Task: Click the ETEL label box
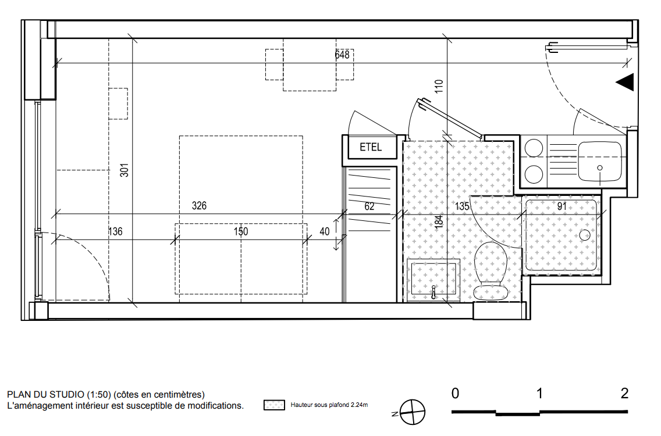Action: tap(370, 147)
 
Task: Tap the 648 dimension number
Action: tap(342, 54)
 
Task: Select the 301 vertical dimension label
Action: tap(124, 170)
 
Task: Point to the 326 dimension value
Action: tap(199, 206)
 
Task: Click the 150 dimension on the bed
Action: tap(241, 231)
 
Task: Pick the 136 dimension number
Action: tap(115, 231)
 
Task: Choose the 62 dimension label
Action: tap(369, 206)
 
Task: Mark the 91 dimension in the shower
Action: tap(562, 206)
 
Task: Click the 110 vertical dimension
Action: tap(439, 87)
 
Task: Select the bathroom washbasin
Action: tap(433, 279)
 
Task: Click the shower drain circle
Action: tap(585, 235)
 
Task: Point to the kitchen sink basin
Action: tap(600, 162)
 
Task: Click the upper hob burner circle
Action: tap(534, 148)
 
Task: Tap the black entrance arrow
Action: tap(625, 82)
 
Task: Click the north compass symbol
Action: tap(412, 412)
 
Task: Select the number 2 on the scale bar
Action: tap(624, 394)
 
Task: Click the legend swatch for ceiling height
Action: tap(274, 405)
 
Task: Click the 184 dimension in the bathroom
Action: tap(439, 221)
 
